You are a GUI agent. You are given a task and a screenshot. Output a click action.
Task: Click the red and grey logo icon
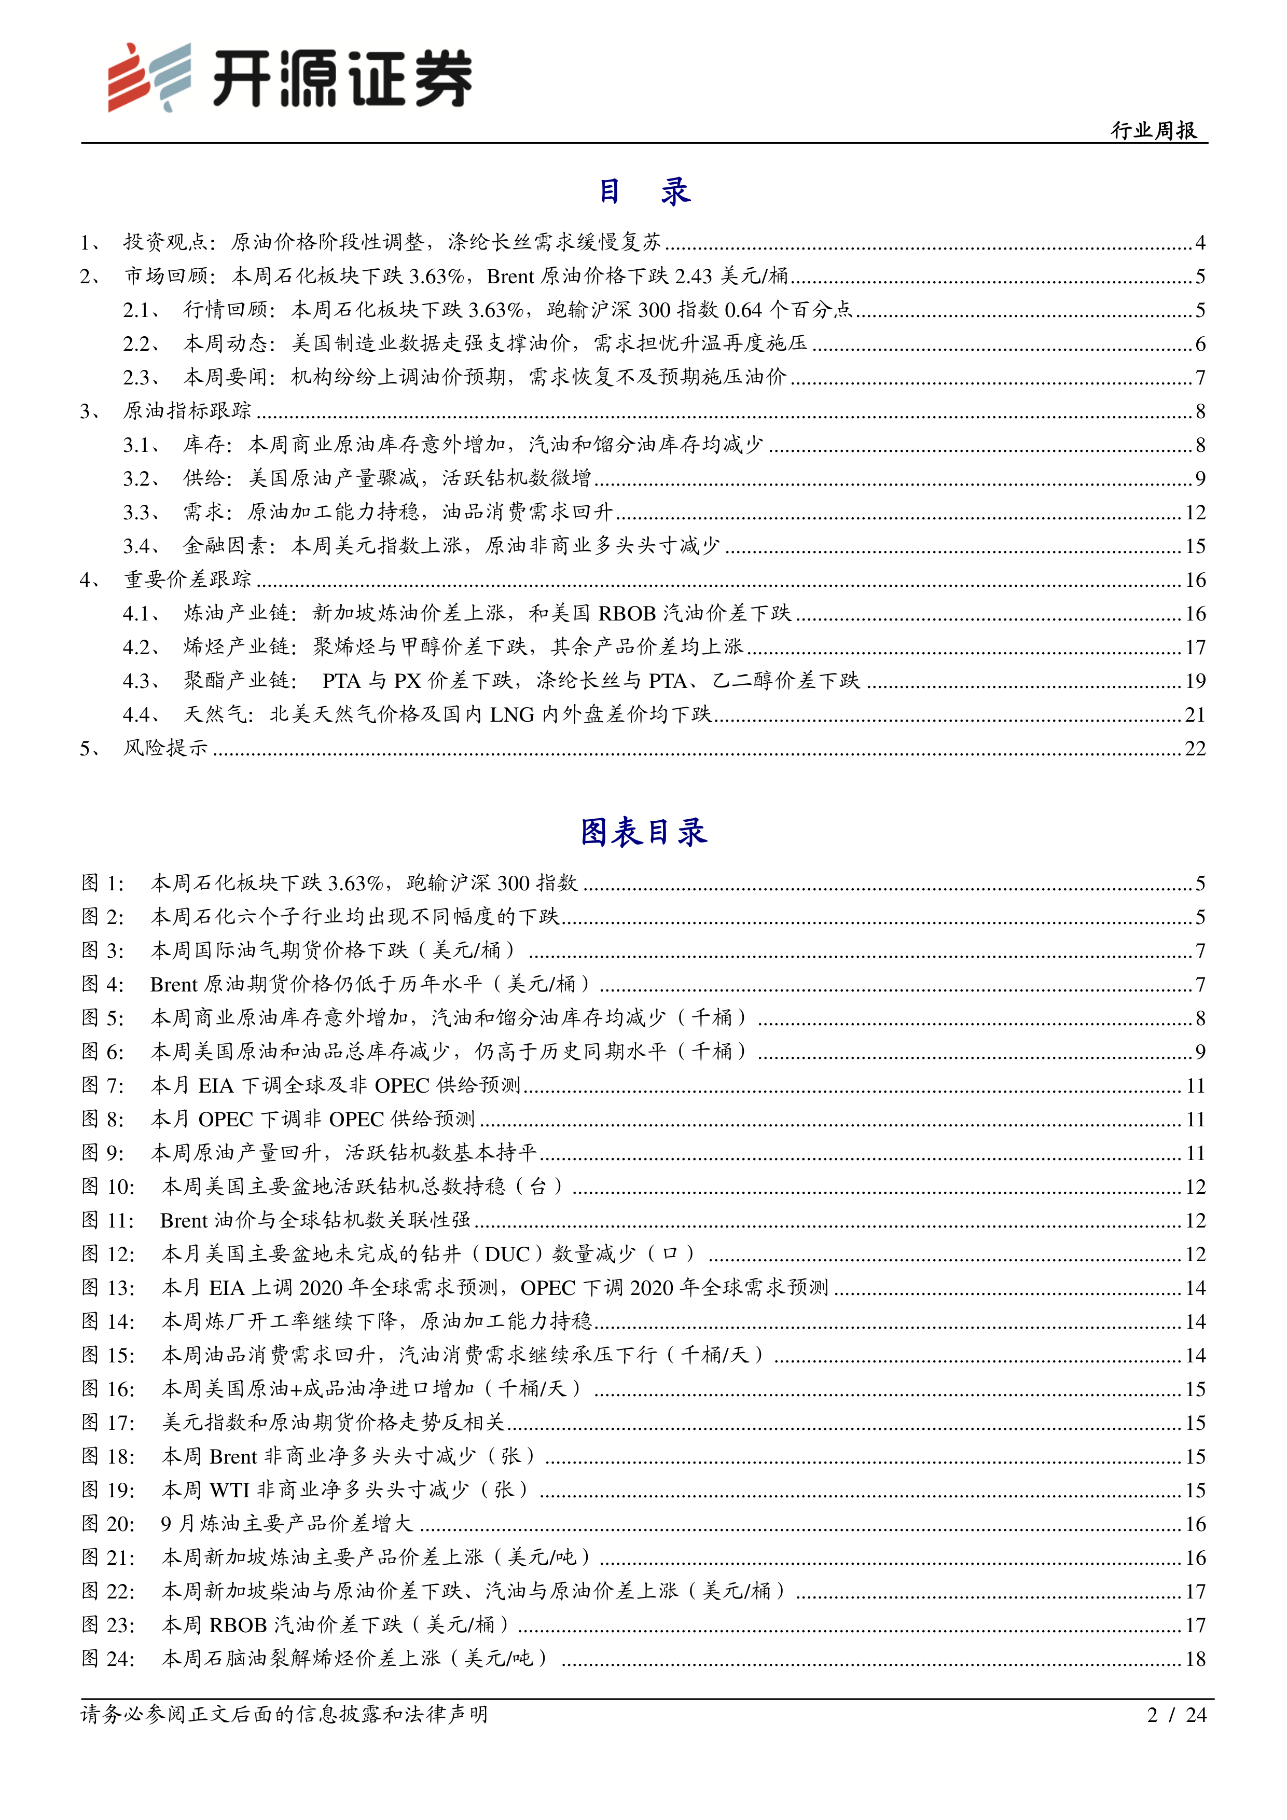point(149,77)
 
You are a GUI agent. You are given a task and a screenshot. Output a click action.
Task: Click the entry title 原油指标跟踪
point(187,410)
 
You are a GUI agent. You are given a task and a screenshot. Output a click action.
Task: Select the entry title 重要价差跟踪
point(187,580)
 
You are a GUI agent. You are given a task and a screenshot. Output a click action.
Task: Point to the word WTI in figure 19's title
point(230,1490)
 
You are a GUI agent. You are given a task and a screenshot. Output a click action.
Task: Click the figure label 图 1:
point(103,883)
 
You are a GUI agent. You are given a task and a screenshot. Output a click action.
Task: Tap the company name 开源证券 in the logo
point(342,78)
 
